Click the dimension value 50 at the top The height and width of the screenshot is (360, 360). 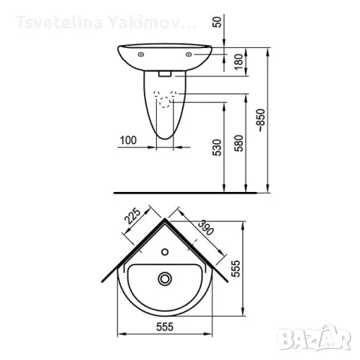[x=218, y=22]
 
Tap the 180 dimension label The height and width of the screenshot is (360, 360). [x=239, y=61]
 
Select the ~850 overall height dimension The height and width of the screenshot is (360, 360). [x=261, y=121]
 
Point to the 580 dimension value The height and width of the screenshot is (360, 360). [x=239, y=143]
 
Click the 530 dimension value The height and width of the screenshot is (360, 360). [x=217, y=148]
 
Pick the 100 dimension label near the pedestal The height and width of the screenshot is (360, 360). [x=128, y=140]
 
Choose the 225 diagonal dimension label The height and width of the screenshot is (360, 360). [x=133, y=216]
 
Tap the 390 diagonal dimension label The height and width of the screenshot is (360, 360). [x=205, y=227]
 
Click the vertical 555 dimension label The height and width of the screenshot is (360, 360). [x=235, y=268]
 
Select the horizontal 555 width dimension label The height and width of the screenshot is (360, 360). [x=165, y=326]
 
